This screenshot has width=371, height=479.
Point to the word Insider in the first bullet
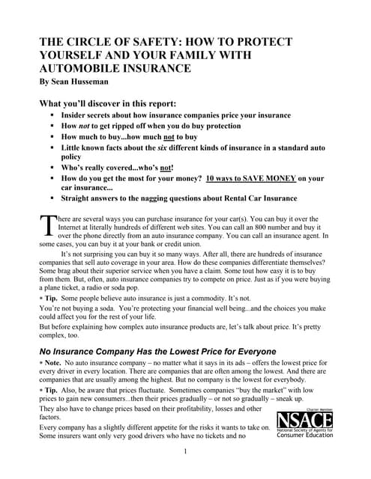78,117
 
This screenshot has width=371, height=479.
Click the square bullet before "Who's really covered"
52,168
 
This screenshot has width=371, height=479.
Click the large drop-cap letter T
45,223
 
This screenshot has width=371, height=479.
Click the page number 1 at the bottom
185,472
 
